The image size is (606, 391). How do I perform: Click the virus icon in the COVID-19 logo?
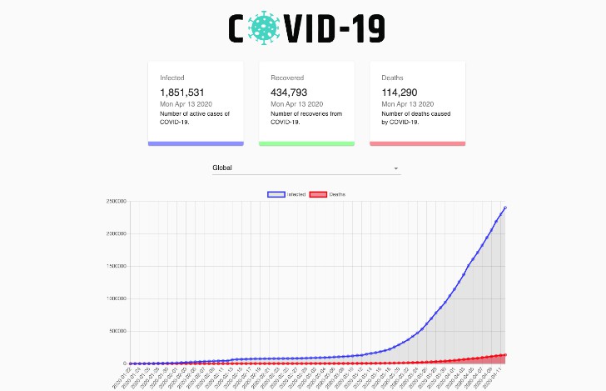266,28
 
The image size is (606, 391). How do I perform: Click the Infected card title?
172,78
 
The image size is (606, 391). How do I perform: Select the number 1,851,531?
182,93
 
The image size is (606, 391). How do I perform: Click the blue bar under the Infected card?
196,143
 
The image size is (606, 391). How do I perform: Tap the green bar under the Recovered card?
306,143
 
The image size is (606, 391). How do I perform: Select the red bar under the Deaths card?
417,143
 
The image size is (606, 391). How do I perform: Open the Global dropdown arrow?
397,168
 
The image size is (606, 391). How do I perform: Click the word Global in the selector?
222,168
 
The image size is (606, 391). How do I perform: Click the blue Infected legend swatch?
276,194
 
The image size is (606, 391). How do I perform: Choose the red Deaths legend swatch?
318,194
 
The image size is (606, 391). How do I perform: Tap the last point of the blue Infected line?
505,208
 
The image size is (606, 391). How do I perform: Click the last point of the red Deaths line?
505,355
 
